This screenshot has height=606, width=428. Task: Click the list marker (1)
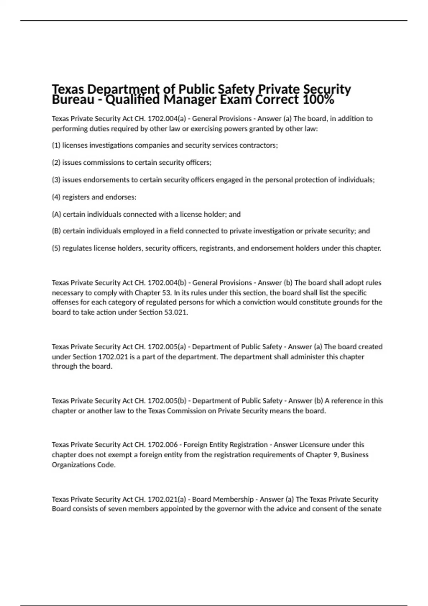click(x=56, y=145)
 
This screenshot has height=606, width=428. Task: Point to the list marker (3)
click(x=56, y=180)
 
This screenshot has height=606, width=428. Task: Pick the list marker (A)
click(x=56, y=215)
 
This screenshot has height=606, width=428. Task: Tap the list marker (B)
click(x=56, y=231)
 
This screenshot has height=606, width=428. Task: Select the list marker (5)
click(x=56, y=248)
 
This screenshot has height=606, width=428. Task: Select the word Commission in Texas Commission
click(x=186, y=411)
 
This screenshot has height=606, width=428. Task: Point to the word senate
click(x=371, y=509)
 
